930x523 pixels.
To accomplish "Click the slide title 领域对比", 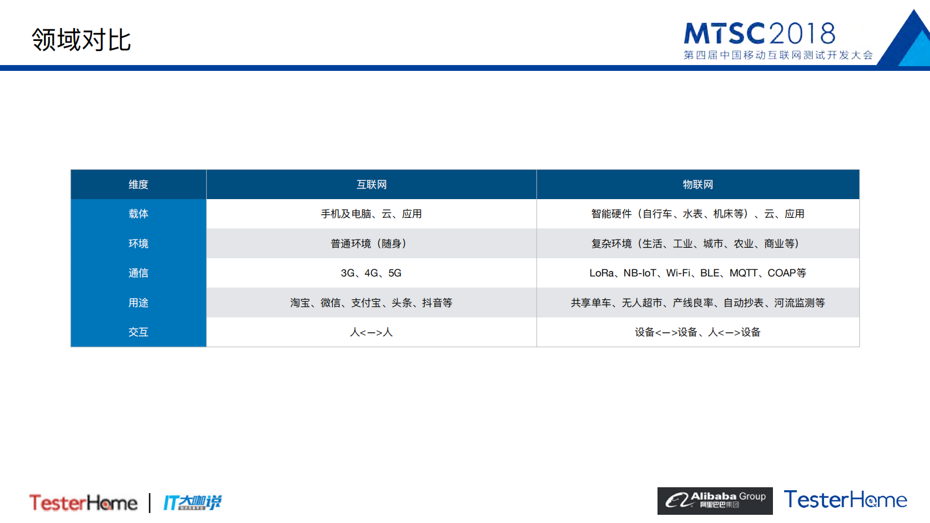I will [x=81, y=40].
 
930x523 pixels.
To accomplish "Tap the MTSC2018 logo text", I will [x=759, y=34].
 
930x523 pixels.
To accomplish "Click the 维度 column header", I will [x=138, y=184].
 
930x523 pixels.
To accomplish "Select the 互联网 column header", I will [x=372, y=184].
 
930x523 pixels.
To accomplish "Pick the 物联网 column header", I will [x=697, y=184].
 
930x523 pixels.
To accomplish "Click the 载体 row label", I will [x=138, y=214].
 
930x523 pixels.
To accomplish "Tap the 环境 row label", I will [x=138, y=244].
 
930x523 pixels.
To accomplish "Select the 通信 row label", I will [x=138, y=273].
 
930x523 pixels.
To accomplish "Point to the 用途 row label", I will [x=138, y=303].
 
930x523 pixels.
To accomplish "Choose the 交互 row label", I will [x=138, y=332].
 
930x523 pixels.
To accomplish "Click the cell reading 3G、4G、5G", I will [x=371, y=273].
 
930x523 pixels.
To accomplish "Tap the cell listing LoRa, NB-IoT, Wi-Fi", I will [x=697, y=273].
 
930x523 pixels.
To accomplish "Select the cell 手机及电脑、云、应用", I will [x=371, y=214].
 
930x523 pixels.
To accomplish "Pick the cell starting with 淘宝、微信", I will [x=371, y=303].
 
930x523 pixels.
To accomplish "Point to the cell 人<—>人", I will [x=371, y=332].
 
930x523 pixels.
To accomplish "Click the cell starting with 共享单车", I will [x=697, y=303].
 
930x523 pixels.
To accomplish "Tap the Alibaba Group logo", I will [x=715, y=501].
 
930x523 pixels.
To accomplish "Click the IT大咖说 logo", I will [x=192, y=503].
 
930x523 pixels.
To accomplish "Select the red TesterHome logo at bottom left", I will [x=83, y=503].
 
